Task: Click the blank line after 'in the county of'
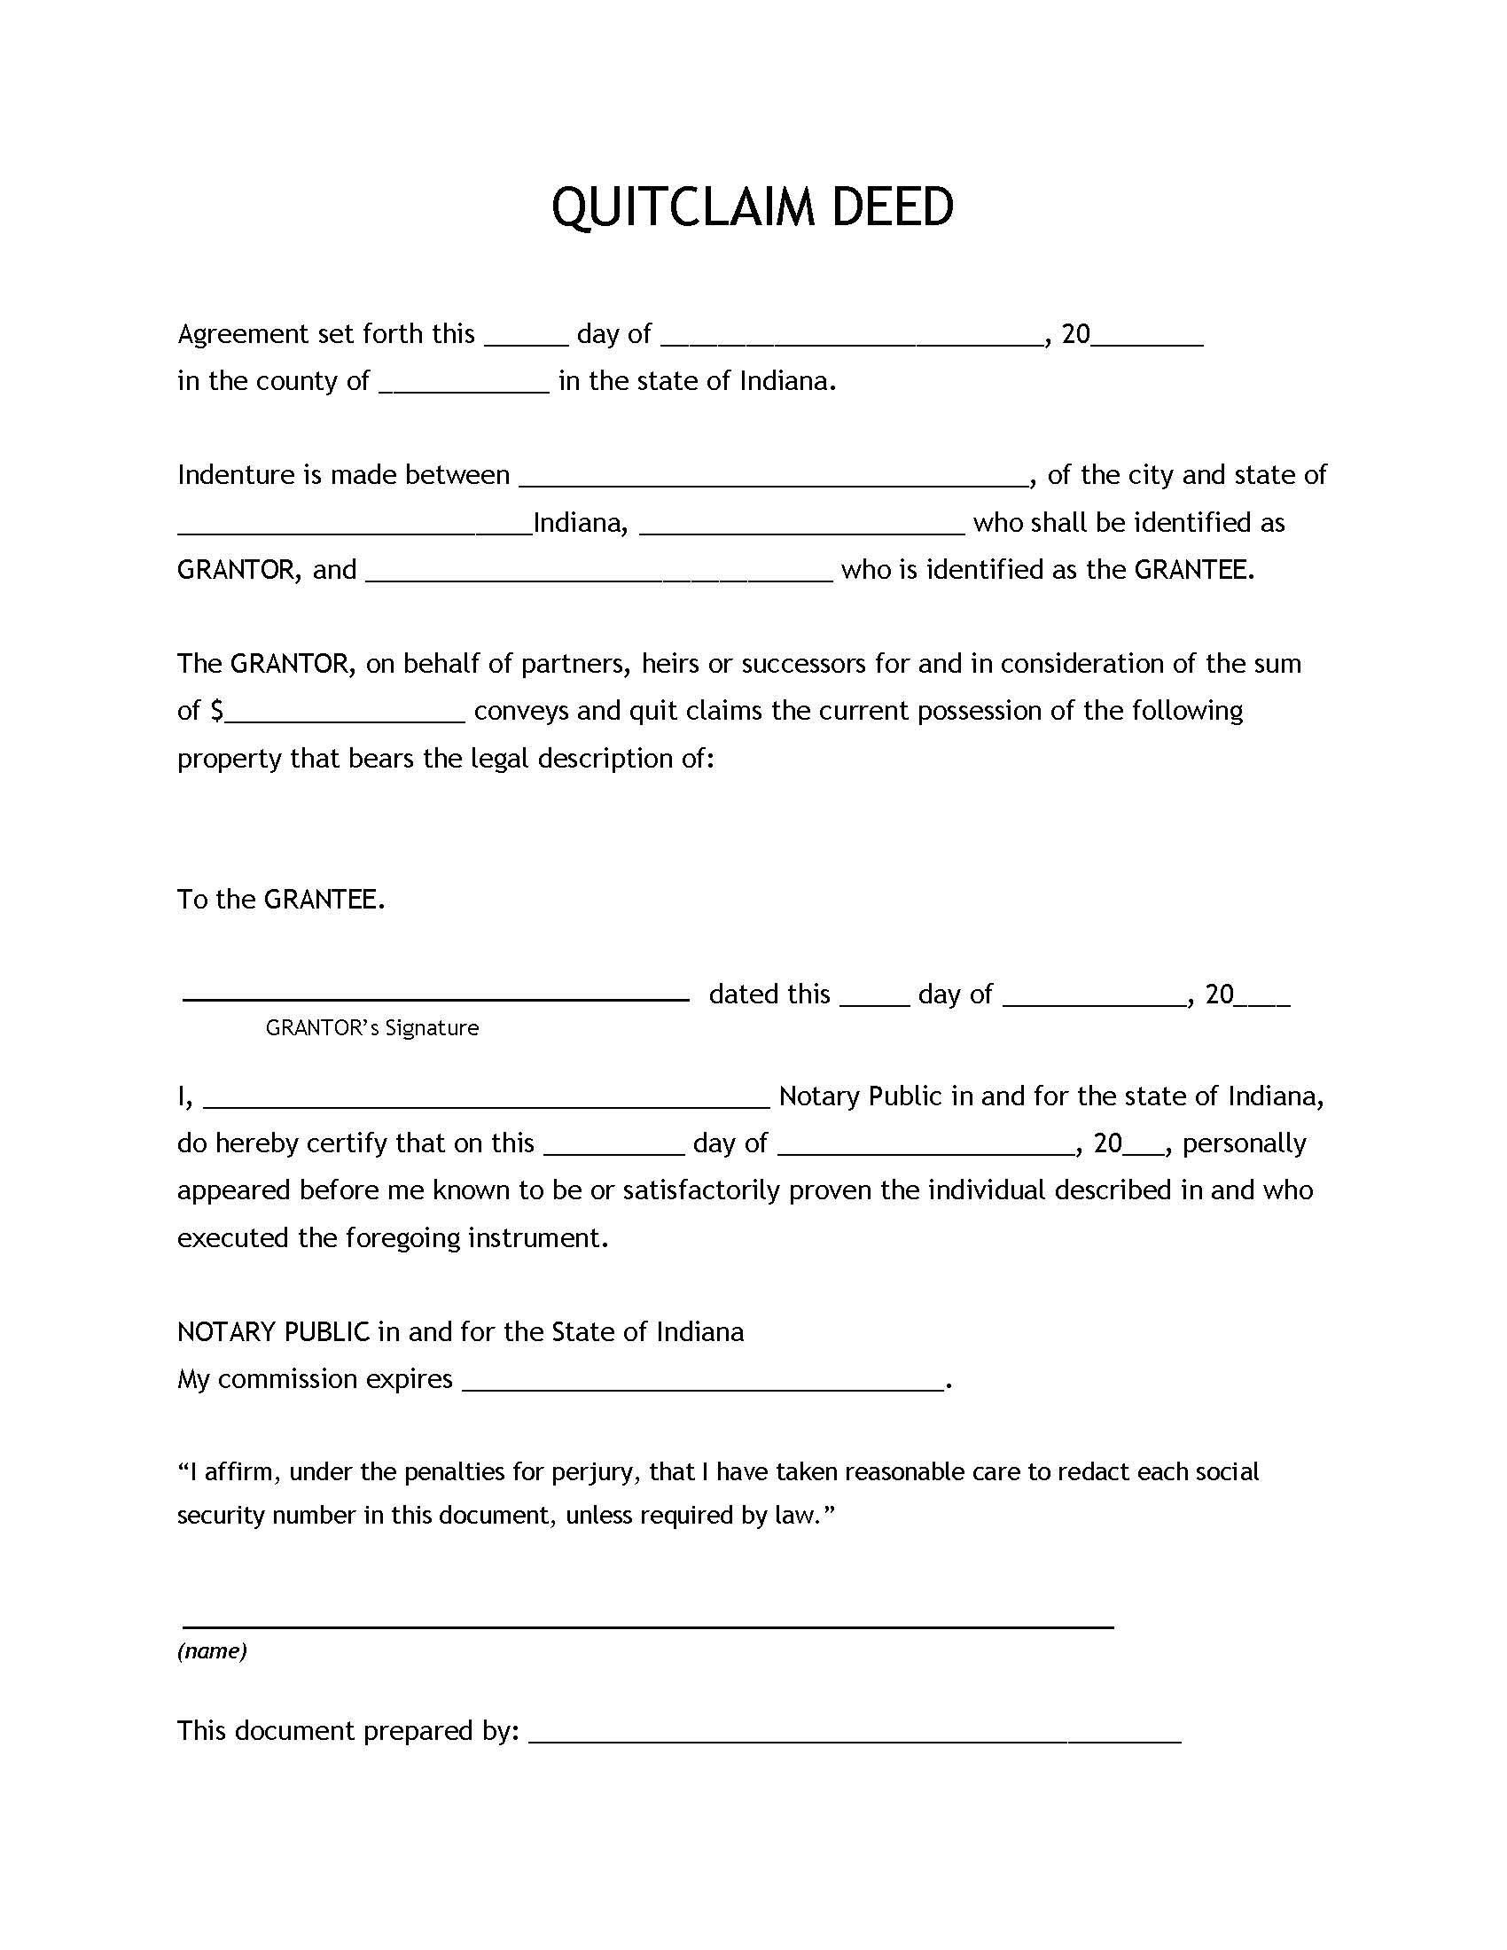coord(464,387)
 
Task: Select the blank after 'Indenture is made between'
coord(773,480)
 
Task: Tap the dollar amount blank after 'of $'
coord(346,717)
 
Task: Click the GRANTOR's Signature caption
coord(371,1028)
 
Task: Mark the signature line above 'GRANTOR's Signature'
coord(435,999)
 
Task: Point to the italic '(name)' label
coord(212,1651)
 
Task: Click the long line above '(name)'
coord(648,1627)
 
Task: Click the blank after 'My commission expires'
coord(703,1386)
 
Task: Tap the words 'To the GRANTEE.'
coord(281,899)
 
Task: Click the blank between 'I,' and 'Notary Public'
coord(487,1103)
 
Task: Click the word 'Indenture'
coord(236,474)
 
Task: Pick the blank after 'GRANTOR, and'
coord(599,576)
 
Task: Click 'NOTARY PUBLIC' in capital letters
coord(273,1332)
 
